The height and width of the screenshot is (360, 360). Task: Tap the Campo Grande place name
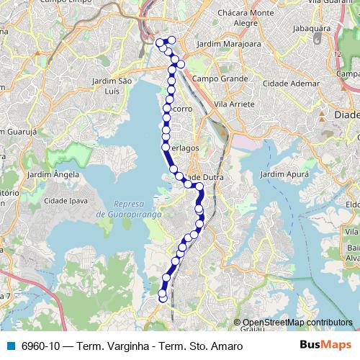click(220, 78)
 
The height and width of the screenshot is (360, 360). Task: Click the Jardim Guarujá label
click(16, 130)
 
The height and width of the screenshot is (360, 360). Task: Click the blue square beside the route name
click(10, 346)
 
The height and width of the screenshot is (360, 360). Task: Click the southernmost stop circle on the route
click(163, 297)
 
